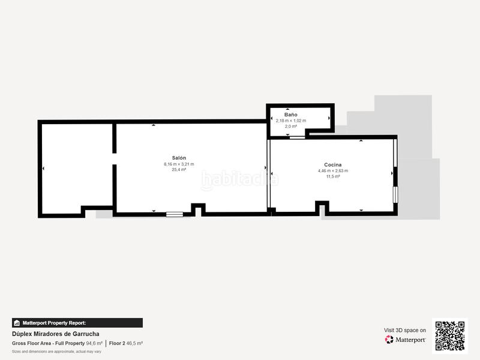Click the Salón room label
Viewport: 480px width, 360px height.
click(x=179, y=158)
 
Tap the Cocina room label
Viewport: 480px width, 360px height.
click(x=333, y=164)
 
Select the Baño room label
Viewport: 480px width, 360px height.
click(x=290, y=114)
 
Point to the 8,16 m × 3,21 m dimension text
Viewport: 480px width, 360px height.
click(x=179, y=164)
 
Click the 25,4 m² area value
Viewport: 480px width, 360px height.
click(x=179, y=170)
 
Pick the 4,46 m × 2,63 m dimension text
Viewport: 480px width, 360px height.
click(x=333, y=171)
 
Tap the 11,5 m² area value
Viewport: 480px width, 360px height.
click(x=333, y=176)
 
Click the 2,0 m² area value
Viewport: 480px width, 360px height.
click(x=290, y=127)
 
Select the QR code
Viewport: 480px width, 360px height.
click(x=449, y=335)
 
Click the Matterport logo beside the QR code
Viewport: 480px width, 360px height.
click(x=406, y=340)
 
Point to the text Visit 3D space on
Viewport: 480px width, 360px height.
click(x=405, y=330)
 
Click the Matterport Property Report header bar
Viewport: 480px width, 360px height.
click(x=77, y=323)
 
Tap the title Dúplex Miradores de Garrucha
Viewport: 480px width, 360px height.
click(x=56, y=334)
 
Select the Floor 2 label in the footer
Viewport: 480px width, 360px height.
click(x=116, y=343)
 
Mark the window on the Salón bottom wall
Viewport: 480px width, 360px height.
click(x=175, y=214)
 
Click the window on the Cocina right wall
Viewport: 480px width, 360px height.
click(x=395, y=194)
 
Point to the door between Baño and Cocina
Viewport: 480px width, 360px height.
click(x=297, y=137)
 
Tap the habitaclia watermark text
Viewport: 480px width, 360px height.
click(x=239, y=179)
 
